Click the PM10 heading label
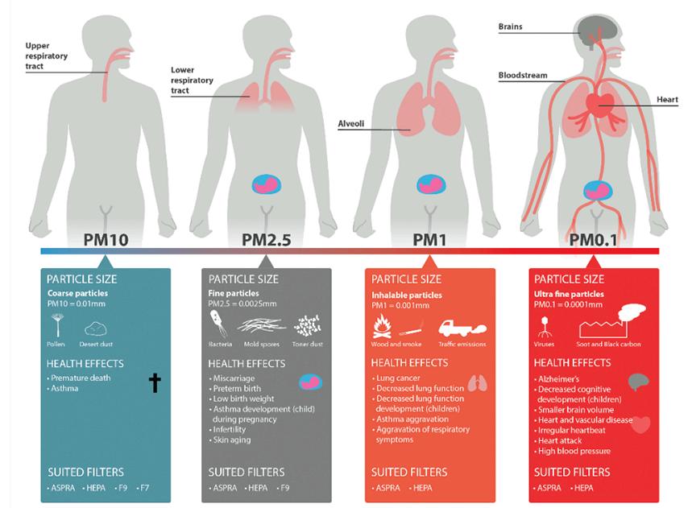105,239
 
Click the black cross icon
155,383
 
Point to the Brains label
510,27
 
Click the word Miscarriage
234,378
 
